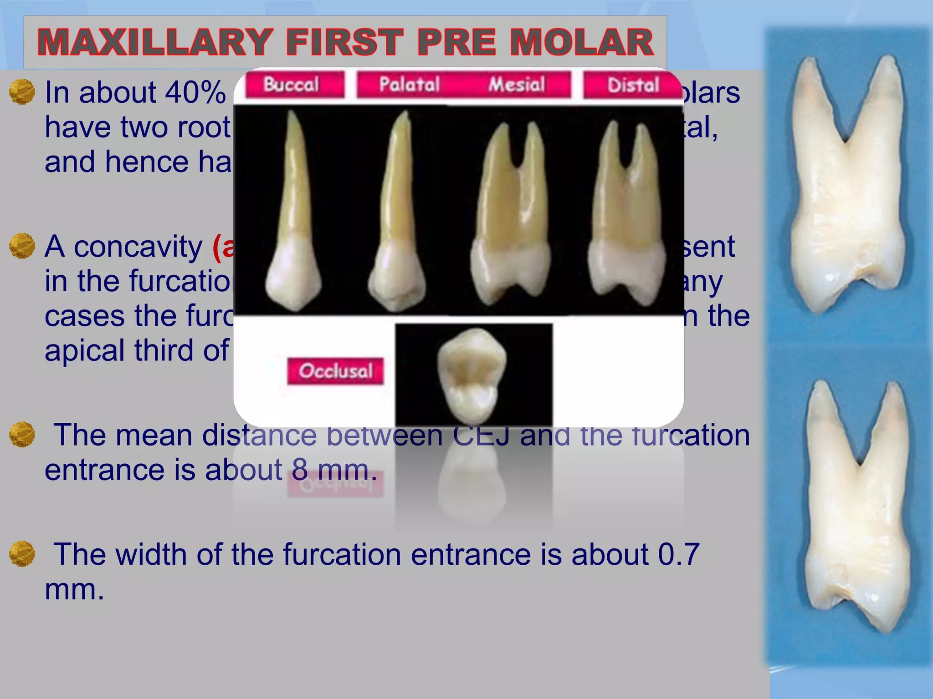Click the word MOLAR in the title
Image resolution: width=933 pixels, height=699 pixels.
[582, 42]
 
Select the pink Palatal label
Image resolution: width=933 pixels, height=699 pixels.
[409, 85]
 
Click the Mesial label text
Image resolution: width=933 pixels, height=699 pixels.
[517, 85]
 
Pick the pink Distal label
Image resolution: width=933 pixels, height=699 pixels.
[633, 85]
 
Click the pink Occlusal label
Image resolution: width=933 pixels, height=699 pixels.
[335, 371]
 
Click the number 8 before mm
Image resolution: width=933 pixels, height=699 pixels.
[299, 470]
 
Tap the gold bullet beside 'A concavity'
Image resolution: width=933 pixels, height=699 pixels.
[22, 246]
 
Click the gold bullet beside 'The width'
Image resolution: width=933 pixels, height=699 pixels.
[22, 554]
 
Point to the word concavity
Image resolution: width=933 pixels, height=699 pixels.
[138, 247]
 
